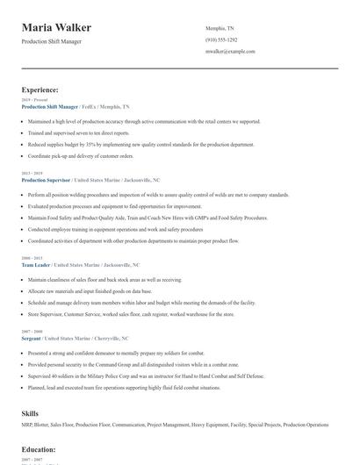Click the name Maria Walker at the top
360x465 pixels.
click(56, 28)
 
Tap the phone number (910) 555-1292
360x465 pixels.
click(221, 39)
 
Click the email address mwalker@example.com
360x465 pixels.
click(230, 51)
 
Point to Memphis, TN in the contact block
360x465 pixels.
click(220, 28)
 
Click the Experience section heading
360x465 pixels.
click(40, 89)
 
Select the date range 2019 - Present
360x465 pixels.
click(31, 100)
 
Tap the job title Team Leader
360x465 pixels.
click(35, 264)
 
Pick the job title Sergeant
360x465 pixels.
click(32, 337)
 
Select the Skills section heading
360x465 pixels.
click(30, 412)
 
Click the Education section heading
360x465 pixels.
click(39, 449)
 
